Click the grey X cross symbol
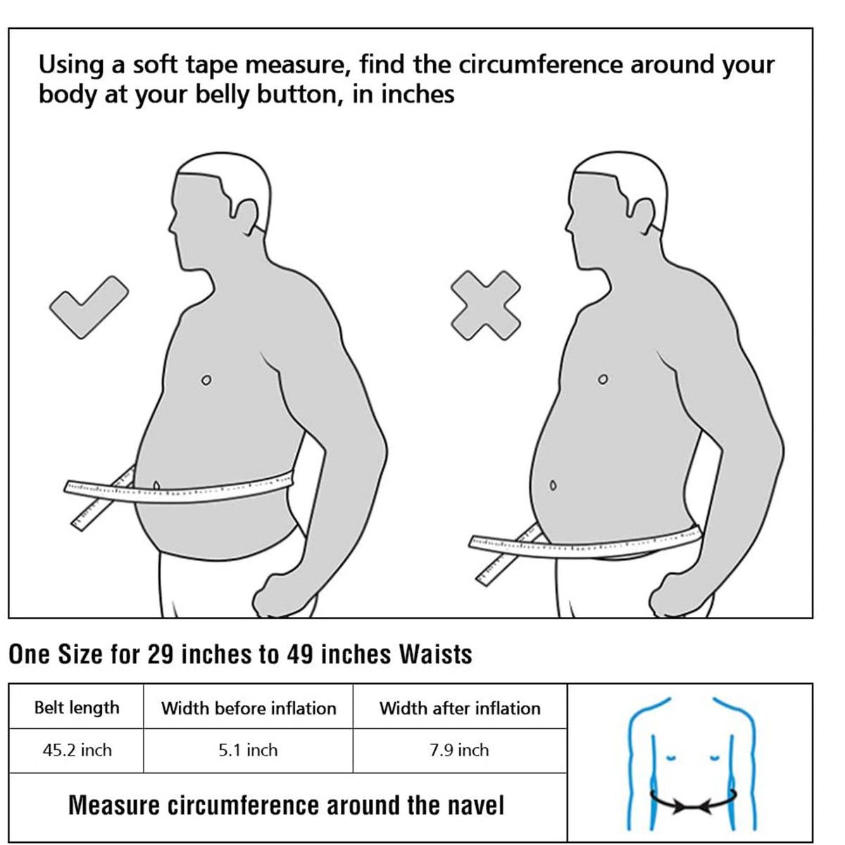tap(485, 306)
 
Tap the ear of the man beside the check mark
tap(246, 217)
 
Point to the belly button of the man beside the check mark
tap(156, 486)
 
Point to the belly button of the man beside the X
tap(553, 485)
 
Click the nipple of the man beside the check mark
tap(206, 380)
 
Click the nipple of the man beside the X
tap(603, 379)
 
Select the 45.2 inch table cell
tap(77, 750)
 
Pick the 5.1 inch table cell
tap(248, 750)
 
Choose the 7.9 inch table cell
tap(460, 750)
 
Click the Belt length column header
tap(77, 708)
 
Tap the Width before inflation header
tap(248, 708)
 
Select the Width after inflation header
tap(460, 708)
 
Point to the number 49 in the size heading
tap(301, 654)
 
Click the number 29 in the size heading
tap(161, 654)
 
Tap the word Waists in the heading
tap(435, 654)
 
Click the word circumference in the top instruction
tap(540, 65)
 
